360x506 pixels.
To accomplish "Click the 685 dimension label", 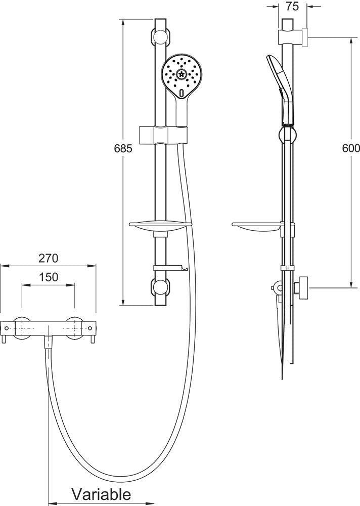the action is point(123,148).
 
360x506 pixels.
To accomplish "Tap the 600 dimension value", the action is point(351,148).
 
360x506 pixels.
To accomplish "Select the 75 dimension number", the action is point(292,7).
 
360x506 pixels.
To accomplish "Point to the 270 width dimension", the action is point(49,258).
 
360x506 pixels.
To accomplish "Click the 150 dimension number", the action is point(49,277).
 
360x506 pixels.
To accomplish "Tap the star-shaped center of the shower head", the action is point(182,74).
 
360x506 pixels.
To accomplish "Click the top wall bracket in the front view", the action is point(160,37).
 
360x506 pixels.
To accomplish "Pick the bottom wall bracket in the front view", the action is point(160,287).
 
